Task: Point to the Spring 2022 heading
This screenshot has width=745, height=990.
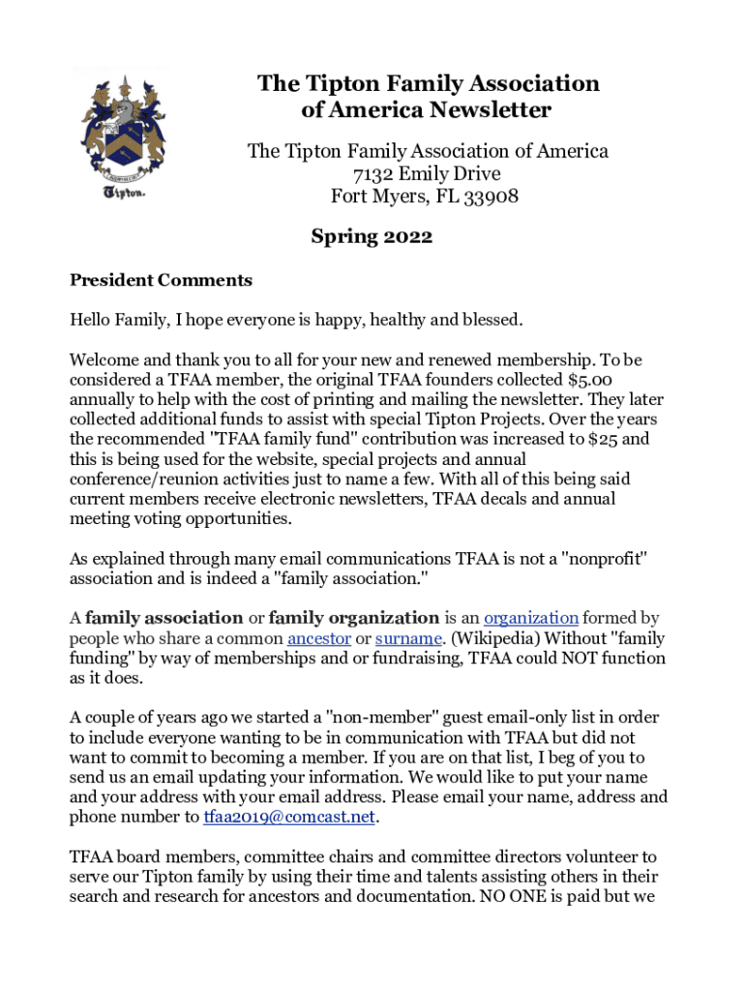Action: (x=372, y=236)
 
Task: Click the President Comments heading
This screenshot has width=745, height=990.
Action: (x=161, y=280)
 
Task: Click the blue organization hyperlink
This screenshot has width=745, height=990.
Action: (x=531, y=618)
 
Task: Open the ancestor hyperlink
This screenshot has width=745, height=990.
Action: (x=318, y=638)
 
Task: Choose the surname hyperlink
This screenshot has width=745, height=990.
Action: (x=408, y=638)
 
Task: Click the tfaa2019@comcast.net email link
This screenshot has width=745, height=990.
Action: (x=288, y=817)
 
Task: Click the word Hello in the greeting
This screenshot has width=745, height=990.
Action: (x=90, y=319)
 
